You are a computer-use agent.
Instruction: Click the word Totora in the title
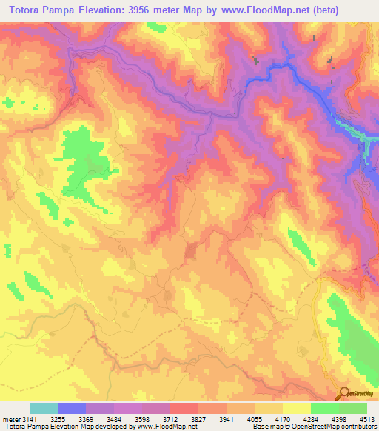point(27,8)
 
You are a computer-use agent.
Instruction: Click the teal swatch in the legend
point(44,409)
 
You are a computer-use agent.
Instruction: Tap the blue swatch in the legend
point(72,409)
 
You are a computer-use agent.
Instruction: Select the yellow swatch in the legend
point(296,409)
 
